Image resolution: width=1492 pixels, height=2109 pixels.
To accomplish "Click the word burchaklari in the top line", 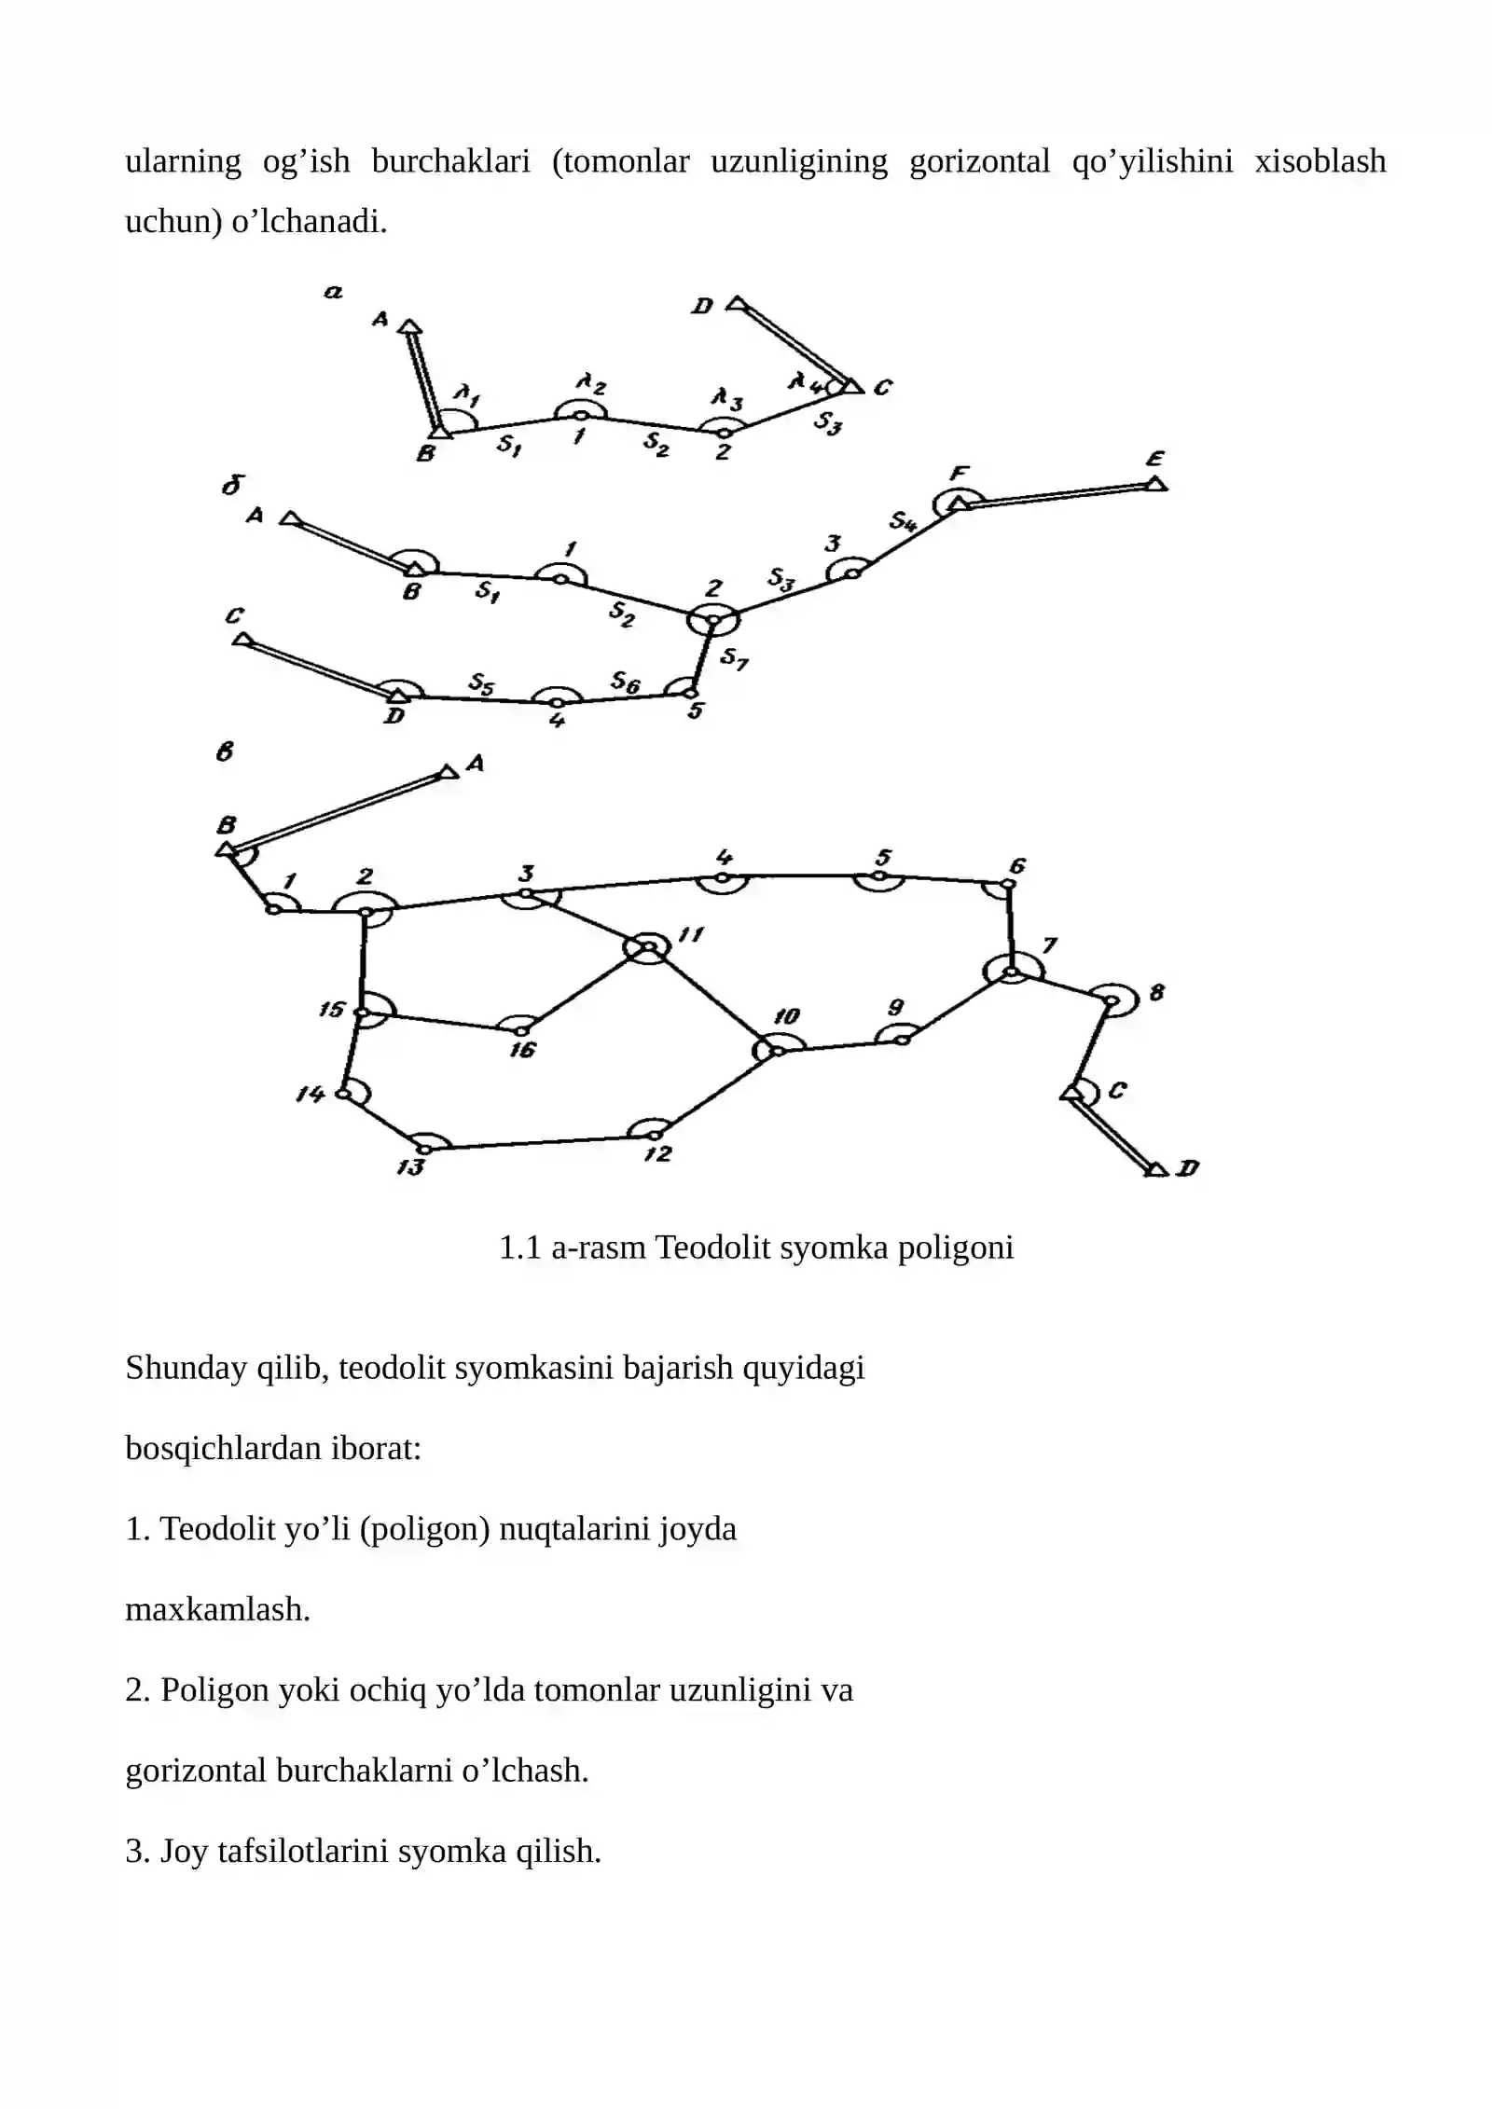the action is point(450,161).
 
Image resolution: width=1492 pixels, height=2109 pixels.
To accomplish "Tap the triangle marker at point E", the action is point(1156,483).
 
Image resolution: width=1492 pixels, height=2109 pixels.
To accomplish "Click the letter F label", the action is point(958,473).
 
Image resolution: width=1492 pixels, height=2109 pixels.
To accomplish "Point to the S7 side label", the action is point(734,659).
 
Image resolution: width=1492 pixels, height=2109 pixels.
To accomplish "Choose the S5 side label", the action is point(481,683).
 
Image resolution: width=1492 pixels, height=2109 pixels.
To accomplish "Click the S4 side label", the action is point(902,521).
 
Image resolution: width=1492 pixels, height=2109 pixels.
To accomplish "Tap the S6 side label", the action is point(625,682).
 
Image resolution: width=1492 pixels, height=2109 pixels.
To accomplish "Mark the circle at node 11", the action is point(650,947).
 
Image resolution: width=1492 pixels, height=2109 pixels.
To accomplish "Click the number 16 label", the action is point(522,1050).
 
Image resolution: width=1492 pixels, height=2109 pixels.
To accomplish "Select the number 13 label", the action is point(410,1166).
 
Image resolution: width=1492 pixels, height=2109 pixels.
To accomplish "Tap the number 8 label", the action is point(1156,992).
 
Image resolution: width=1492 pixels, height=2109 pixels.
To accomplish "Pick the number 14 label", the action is point(310,1093).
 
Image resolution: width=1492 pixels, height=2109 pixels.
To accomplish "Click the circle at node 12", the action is point(655,1135).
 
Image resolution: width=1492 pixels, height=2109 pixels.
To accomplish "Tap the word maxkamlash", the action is point(217,1609).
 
